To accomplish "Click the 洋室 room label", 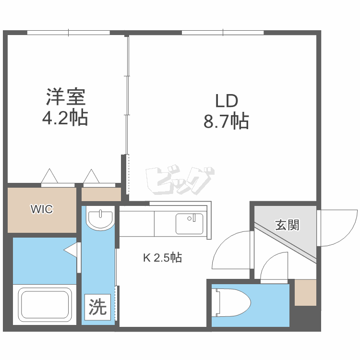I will pyautogui.click(x=66, y=97).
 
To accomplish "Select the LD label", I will pyautogui.click(x=227, y=101).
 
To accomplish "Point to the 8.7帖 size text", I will pyautogui.click(x=227, y=121).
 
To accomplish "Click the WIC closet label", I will pyautogui.click(x=42, y=209).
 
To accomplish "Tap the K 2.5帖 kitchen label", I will pyautogui.click(x=162, y=258).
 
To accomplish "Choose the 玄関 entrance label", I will pyautogui.click(x=287, y=225).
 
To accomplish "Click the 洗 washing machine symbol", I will pyautogui.click(x=98, y=307).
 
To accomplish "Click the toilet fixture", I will pyautogui.click(x=232, y=303).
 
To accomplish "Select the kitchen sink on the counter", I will pyautogui.click(x=189, y=223).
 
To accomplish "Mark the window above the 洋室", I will pyautogui.click(x=68, y=33).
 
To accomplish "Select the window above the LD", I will pyautogui.click(x=223, y=33).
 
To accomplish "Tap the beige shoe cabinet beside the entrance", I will pyautogui.click(x=305, y=292).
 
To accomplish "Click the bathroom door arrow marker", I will pyautogui.click(x=71, y=250).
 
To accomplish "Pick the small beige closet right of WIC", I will pyautogui.click(x=101, y=194).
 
